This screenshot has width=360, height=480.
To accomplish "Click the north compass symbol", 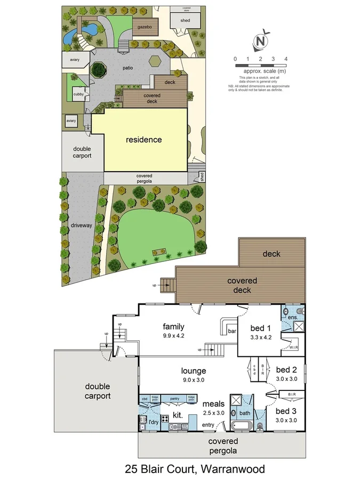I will tap(261, 41).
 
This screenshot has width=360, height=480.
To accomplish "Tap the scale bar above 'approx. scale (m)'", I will tap(260, 65).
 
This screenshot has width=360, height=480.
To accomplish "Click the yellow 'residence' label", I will tap(143, 140).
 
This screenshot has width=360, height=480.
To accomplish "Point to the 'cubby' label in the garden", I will tap(77, 95).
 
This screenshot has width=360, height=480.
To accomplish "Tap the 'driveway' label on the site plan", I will tap(81, 226).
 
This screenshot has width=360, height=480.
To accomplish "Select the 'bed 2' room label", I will tap(286, 370).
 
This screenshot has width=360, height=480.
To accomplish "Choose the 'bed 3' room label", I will tap(286, 411).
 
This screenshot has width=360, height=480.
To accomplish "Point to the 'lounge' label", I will tap(194, 371).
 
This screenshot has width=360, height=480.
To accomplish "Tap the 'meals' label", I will tap(213, 404).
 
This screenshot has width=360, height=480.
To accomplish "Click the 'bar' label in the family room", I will tap(232, 331).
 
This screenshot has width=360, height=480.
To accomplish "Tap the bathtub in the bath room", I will tap(243, 426).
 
